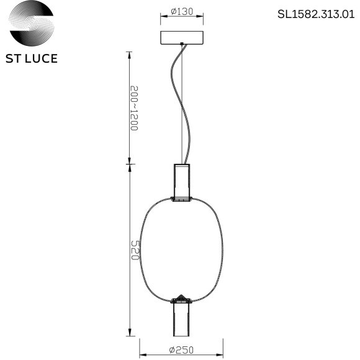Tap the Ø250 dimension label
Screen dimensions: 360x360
pos(180,349)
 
